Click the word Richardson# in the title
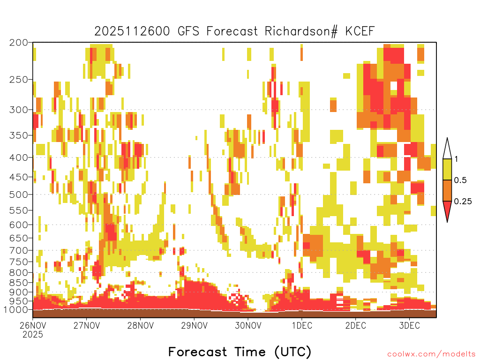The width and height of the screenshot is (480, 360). coord(301,31)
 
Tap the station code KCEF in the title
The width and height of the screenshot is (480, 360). coord(360,31)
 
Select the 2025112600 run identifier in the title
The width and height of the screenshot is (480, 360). coord(132,31)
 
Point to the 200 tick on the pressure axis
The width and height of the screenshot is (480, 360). coord(19,43)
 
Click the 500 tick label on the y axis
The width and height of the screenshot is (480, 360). coord(19,195)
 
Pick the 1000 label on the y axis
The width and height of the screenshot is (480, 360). coord(15,310)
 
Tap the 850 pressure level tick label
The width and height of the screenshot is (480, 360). coord(19,283)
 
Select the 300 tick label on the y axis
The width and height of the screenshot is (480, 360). coord(19,110)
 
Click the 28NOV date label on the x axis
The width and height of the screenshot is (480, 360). coord(141,325)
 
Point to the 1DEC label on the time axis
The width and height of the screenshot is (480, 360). coord(302,325)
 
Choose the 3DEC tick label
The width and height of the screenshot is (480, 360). coord(409,325)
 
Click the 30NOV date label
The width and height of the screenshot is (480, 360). coord(248,325)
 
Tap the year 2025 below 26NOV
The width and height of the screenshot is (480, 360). coord(33,335)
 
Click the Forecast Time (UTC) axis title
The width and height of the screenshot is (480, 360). coord(240,352)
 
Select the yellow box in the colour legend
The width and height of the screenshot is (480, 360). coord(447,169)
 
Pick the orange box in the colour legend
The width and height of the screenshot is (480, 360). coord(447,190)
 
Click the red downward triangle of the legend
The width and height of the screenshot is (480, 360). coord(447,209)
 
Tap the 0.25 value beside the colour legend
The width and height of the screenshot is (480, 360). coord(463,202)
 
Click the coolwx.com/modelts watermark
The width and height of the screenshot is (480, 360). coord(431,354)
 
